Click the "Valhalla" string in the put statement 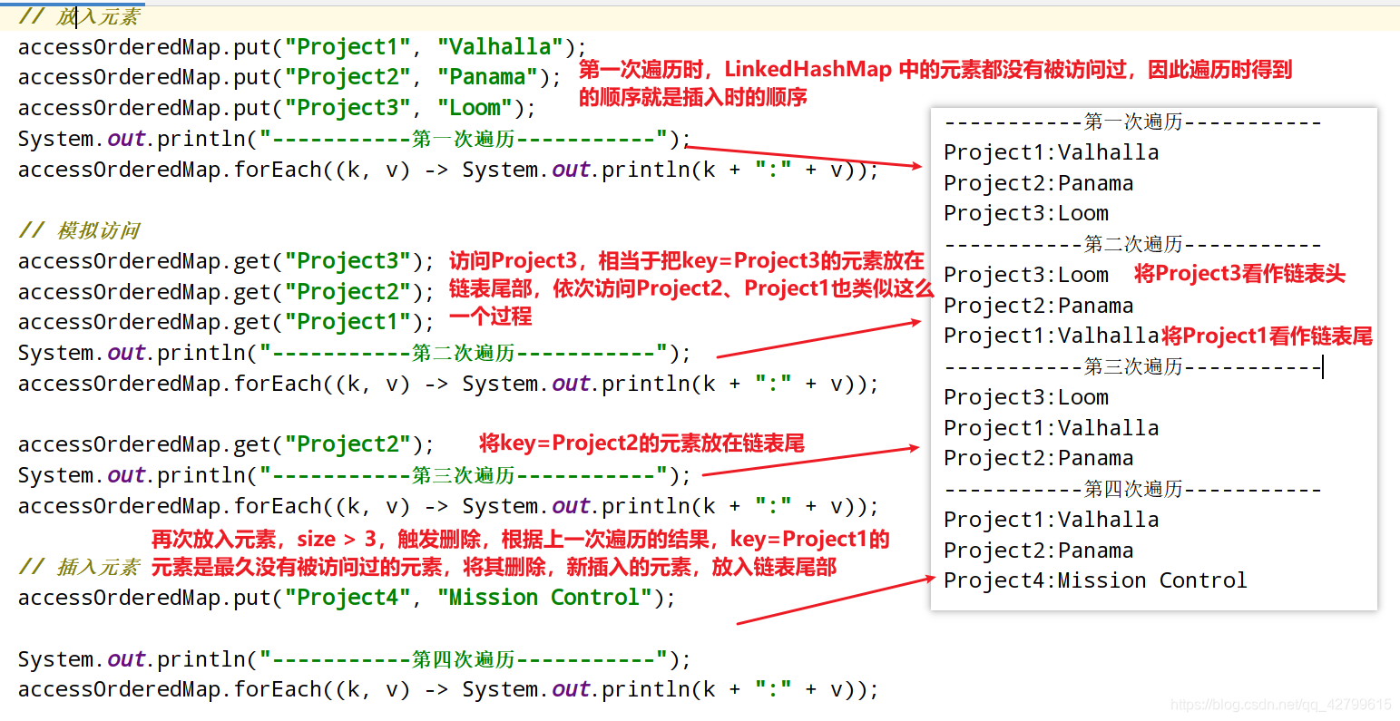tap(499, 47)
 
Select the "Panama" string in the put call tap(487, 77)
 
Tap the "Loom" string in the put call tap(475, 108)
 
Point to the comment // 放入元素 tap(80, 16)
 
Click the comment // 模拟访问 tap(80, 230)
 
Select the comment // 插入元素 tap(80, 568)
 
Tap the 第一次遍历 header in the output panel tap(1133, 122)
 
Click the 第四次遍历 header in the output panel tap(1133, 490)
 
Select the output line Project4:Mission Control tap(1095, 580)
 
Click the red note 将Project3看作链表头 tap(1239, 274)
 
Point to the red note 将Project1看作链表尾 tap(1267, 336)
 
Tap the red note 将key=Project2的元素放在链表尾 tap(641, 443)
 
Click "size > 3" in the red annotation tap(337, 540)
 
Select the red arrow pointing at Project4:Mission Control tap(835, 600)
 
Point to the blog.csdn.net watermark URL tap(1280, 705)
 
